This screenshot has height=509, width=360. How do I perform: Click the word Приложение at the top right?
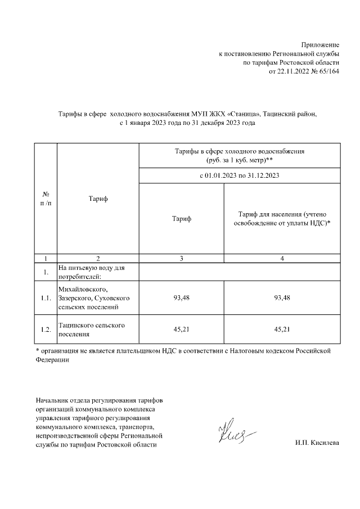(x=320, y=44)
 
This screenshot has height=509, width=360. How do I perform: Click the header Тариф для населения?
(x=282, y=219)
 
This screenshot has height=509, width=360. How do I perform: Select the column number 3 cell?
(x=182, y=258)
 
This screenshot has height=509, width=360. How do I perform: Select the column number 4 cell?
(x=282, y=258)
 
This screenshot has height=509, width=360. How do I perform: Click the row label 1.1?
(x=46, y=298)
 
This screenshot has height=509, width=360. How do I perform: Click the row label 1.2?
(x=46, y=330)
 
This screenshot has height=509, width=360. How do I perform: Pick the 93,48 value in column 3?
(x=182, y=298)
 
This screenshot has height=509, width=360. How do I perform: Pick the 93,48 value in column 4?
(x=282, y=298)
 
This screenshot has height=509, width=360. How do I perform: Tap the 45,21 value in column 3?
(x=182, y=330)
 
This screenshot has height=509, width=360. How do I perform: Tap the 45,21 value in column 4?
(x=282, y=330)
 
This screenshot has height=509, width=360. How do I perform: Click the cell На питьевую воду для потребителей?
(x=91, y=272)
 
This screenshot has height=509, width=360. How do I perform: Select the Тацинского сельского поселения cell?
(x=91, y=330)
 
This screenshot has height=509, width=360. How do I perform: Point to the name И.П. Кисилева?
(x=317, y=444)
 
